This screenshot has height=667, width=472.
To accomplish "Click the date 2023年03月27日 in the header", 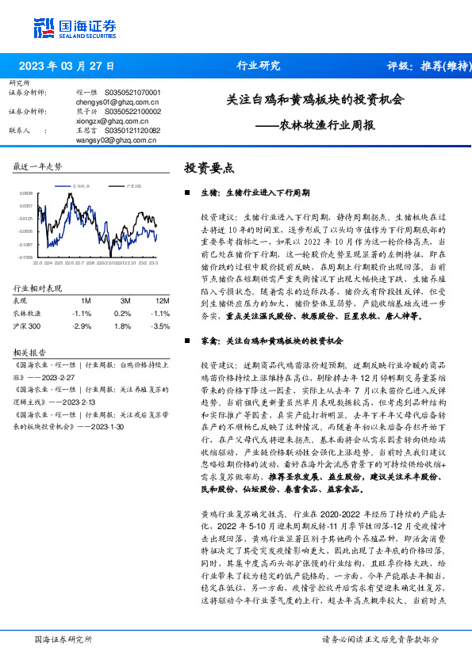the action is point(66,66).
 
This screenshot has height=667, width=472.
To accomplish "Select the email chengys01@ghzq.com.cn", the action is point(113,102).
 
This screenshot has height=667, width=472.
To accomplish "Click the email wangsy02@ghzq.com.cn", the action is point(112,139).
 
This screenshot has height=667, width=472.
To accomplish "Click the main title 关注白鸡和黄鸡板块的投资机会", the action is point(315,101).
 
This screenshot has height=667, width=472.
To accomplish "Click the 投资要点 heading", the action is point(209,168).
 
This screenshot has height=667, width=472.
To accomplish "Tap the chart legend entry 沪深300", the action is point(133,185).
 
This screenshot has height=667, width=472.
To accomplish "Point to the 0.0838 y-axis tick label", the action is point(26,192).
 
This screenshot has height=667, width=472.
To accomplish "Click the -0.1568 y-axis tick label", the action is point(25,257).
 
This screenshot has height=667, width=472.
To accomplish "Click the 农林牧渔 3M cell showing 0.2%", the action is point(123,313).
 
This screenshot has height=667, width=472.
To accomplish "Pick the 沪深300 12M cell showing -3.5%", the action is point(160,326).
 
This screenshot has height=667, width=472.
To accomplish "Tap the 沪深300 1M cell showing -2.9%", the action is point(81,326).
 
